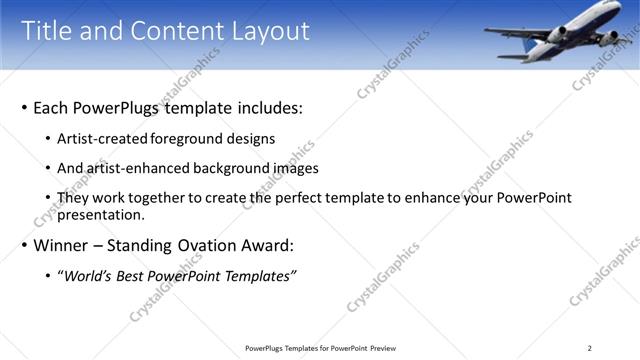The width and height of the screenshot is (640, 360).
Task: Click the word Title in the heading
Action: [48, 31]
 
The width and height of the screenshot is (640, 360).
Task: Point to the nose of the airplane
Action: [488, 33]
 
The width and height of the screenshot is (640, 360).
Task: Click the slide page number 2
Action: [590, 348]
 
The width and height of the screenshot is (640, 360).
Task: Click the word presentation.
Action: [102, 214]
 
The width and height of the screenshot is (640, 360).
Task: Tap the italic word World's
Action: [87, 276]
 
